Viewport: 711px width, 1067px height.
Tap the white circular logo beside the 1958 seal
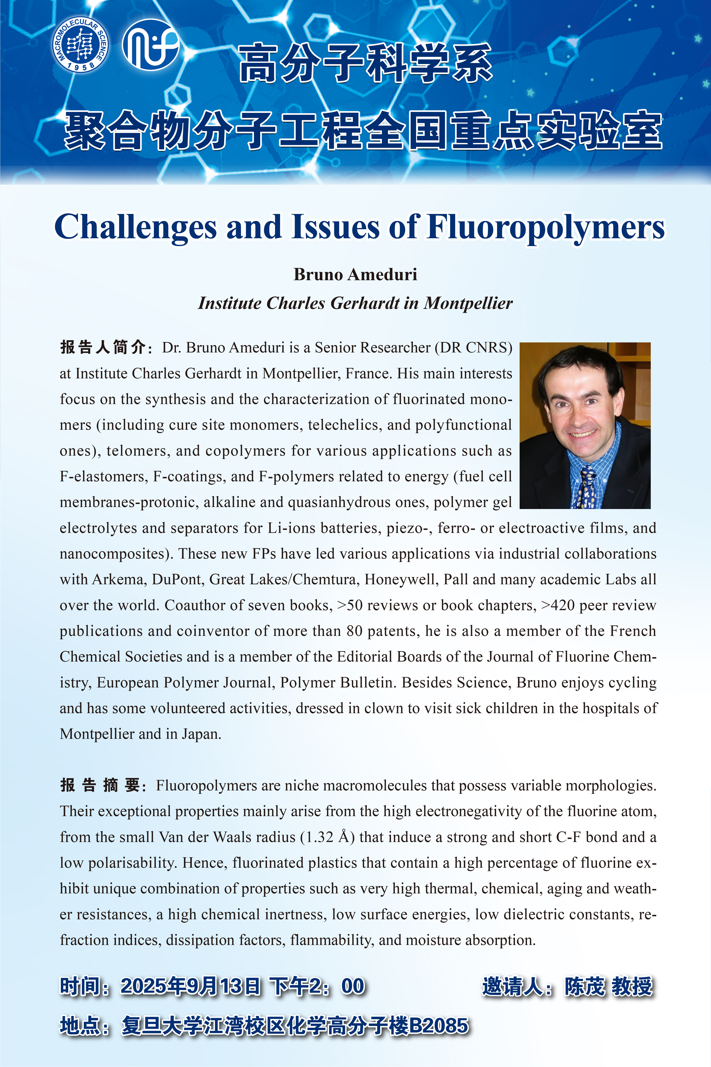click(150, 45)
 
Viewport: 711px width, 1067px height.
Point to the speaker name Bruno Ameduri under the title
click(355, 274)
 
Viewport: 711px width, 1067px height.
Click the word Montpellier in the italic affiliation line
click(468, 303)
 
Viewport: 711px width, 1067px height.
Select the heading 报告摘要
click(101, 785)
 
